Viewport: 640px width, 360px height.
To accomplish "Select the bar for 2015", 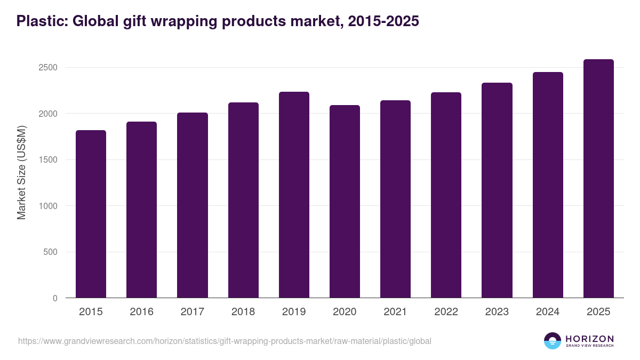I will tap(91, 214).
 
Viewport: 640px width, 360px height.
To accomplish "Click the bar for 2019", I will tap(294, 195).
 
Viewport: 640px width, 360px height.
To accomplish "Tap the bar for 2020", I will tap(345, 202).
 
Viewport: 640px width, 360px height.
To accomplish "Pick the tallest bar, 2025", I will tap(598, 179).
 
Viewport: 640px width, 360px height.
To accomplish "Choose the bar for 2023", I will tap(497, 190).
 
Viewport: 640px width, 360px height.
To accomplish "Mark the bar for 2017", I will tap(193, 205).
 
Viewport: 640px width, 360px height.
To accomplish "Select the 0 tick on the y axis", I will tap(55, 298).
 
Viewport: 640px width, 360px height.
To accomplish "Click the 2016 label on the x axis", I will tap(141, 312).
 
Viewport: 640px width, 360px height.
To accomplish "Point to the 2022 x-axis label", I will tap(446, 312).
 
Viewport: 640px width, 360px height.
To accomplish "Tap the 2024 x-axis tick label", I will tap(548, 312).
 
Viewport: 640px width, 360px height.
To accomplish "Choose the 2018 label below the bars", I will tap(243, 312).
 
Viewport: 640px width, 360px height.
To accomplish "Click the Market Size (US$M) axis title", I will tap(21, 172).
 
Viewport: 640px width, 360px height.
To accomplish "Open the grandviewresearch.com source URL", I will tap(225, 341).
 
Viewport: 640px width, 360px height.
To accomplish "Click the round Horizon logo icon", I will tap(553, 341).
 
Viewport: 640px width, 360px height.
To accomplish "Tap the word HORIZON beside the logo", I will tap(589, 338).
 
